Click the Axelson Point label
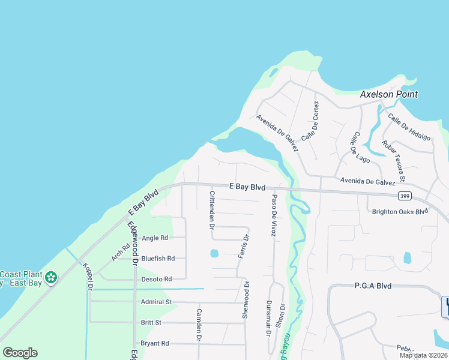pos(388,95)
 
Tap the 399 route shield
pos(403,196)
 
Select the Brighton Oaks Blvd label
pos(400,211)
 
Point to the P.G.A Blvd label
pos(373,286)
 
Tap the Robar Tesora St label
pos(394,161)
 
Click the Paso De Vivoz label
pos(274,215)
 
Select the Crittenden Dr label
pos(212,210)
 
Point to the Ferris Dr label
pos(243,247)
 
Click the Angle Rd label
pos(155,238)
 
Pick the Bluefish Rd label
pos(158,259)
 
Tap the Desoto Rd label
pos(156,279)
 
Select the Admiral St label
pos(156,302)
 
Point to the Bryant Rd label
pos(155,343)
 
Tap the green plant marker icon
pos(51,277)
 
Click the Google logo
pos(20,352)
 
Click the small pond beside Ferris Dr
pos(214,253)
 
